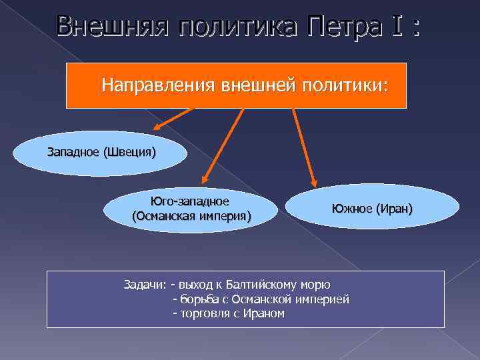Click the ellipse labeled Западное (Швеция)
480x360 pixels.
pos(101,153)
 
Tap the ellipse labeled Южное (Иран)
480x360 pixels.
pos(371,209)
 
